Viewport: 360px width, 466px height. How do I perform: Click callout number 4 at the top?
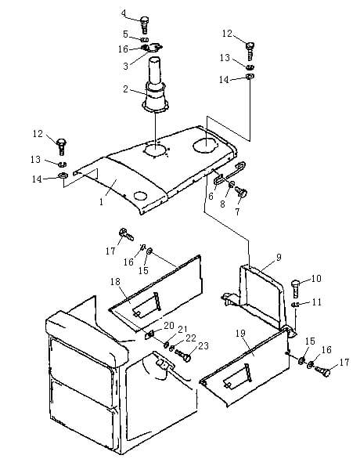pos(124,13)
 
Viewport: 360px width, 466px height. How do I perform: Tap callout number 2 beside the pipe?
pos(126,89)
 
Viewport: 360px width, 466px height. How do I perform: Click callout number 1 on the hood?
pos(101,202)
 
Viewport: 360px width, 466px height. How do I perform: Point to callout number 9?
pos(279,257)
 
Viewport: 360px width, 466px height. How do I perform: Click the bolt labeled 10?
pos(295,288)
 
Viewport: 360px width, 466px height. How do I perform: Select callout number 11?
pos(317,302)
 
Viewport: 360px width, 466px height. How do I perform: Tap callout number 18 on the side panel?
pos(115,281)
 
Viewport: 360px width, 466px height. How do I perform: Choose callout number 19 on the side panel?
pos(240,334)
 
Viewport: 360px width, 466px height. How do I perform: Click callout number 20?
pos(169,326)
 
